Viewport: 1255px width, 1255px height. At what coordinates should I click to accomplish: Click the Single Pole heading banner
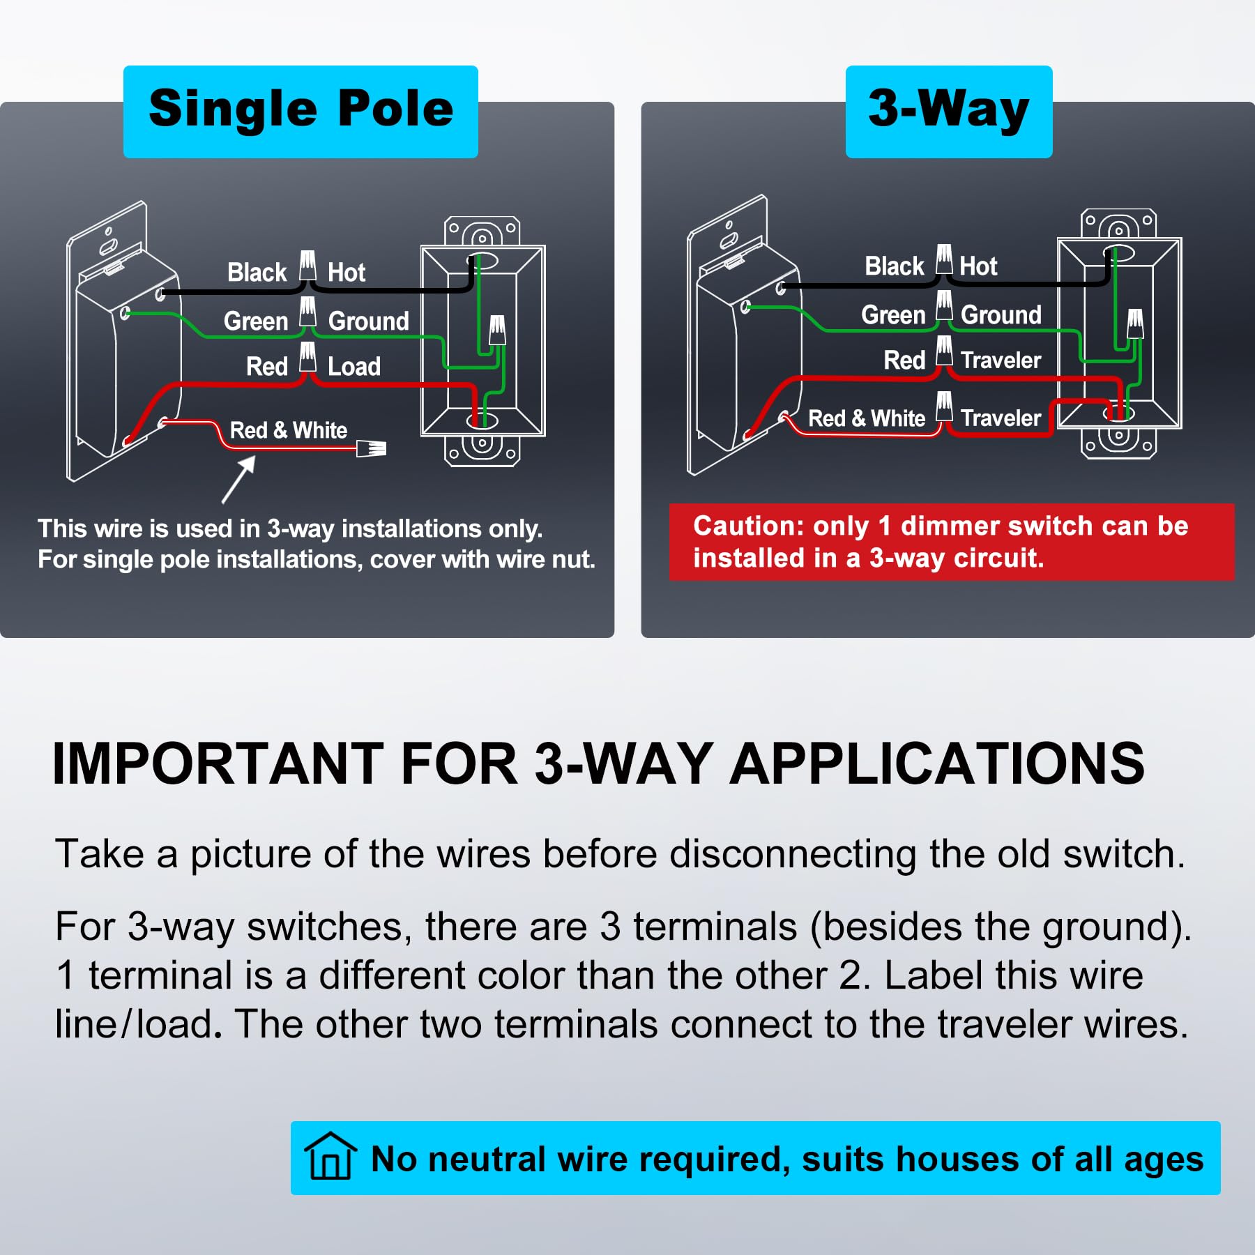(301, 112)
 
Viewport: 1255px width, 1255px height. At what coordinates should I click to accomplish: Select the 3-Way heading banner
(948, 112)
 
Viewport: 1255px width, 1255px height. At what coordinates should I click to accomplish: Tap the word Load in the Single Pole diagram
(354, 367)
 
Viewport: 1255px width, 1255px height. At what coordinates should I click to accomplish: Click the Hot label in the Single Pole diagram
(347, 273)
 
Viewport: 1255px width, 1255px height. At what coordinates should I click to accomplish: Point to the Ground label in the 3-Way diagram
(1001, 315)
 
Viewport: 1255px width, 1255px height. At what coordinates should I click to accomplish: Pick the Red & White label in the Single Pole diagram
(289, 430)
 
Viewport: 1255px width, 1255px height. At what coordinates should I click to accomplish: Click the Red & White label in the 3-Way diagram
(866, 418)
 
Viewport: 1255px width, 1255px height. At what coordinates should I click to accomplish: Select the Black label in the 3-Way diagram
(894, 266)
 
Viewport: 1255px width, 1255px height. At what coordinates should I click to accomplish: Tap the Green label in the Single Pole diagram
(256, 321)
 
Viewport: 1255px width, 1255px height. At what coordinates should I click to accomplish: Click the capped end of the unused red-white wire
(372, 448)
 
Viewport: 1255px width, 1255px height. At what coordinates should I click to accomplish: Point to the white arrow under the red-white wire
(238, 479)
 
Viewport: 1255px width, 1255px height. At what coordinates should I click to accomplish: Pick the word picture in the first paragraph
(250, 854)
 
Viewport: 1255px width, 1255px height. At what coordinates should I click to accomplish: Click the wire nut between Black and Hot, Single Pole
(307, 266)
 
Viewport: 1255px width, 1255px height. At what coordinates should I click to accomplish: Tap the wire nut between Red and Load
(307, 357)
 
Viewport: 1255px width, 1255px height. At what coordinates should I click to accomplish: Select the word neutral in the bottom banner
(489, 1159)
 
